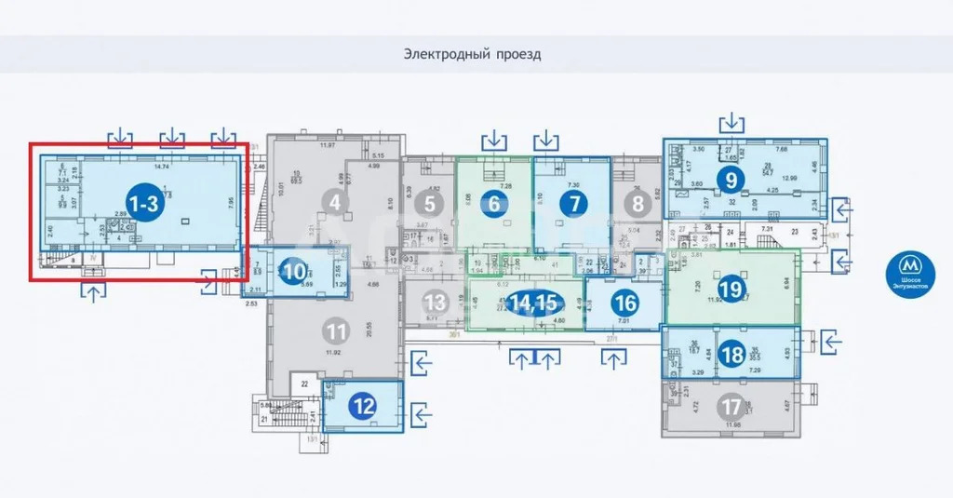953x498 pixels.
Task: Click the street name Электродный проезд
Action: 472,54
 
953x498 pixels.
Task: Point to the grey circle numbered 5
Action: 429,203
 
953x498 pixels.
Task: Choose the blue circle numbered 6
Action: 495,204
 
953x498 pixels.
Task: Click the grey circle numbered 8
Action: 637,203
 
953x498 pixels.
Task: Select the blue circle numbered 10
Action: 294,273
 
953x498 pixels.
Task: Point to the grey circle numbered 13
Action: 436,303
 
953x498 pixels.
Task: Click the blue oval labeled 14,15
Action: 533,303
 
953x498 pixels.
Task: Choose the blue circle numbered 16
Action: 625,303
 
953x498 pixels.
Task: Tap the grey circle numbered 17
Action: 732,407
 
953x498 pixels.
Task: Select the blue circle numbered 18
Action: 733,354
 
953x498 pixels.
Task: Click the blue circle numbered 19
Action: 731,289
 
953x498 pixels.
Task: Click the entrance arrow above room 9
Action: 732,123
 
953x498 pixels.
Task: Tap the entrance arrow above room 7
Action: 545,141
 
